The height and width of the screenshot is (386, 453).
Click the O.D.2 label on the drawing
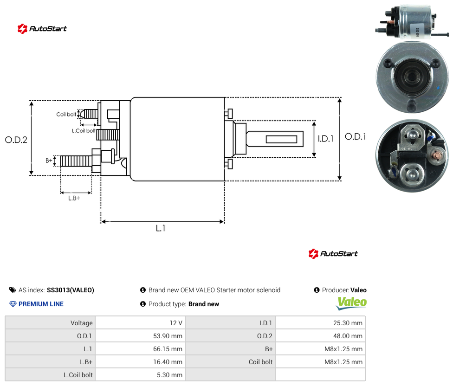16,140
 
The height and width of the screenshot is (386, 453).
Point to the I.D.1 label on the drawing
326,139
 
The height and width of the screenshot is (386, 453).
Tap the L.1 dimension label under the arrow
161,228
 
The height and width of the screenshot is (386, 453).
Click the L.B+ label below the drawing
74,198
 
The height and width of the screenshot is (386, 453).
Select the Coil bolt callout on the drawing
66,114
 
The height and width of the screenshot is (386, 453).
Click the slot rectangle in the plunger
281,140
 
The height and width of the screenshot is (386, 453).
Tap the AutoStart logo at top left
42,29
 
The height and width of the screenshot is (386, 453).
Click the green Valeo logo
351,303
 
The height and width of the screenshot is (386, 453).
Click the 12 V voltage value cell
141,323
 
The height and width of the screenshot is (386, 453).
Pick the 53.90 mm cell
141,336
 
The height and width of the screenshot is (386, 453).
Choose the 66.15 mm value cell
141,349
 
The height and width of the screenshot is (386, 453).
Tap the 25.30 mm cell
320,323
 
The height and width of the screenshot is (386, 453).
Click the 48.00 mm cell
320,336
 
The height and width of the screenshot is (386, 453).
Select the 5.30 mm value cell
141,375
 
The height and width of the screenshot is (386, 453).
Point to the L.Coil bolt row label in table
78,375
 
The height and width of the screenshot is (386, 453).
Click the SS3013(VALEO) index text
71,290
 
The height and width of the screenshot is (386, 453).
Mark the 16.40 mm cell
141,362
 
